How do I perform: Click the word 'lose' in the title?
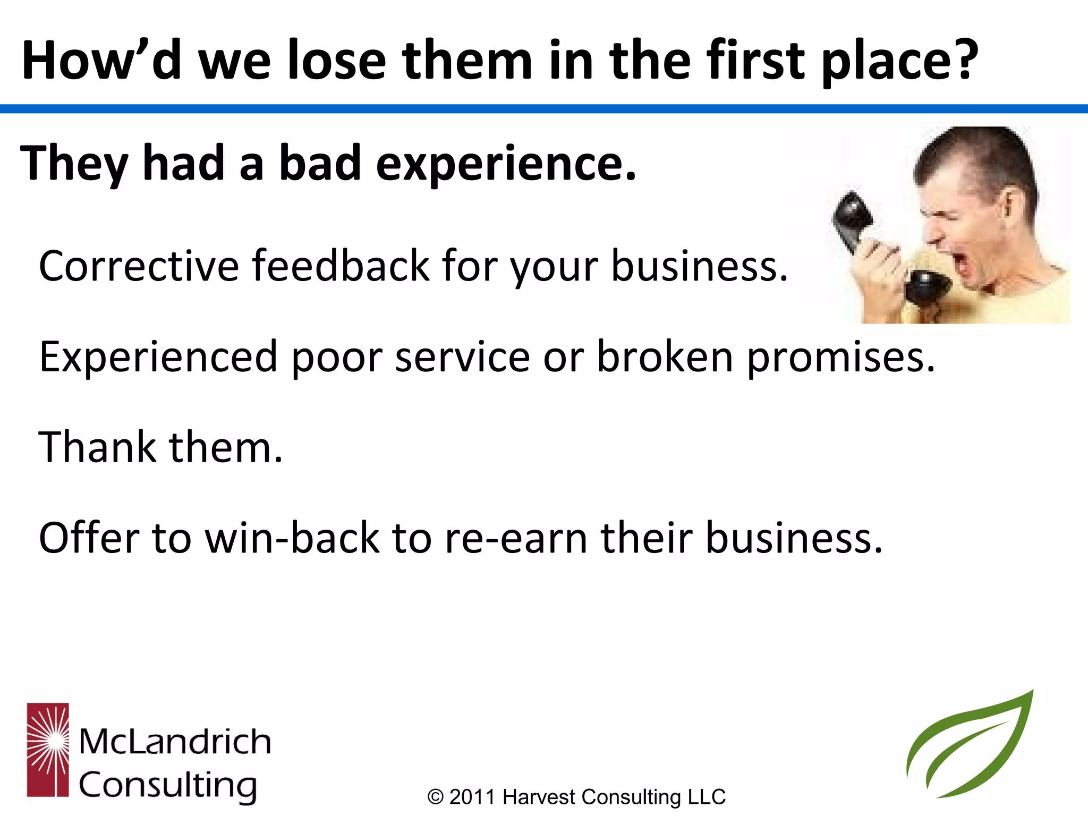point(336,61)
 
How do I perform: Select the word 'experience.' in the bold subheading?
point(506,164)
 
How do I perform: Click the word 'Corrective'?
point(139,266)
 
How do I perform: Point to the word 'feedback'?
point(340,266)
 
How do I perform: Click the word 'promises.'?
point(840,357)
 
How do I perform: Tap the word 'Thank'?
point(97,447)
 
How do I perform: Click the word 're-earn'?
point(515,538)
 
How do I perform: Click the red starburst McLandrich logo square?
point(48,750)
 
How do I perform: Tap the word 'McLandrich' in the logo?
point(175,742)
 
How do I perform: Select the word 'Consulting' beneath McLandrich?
point(168,785)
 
